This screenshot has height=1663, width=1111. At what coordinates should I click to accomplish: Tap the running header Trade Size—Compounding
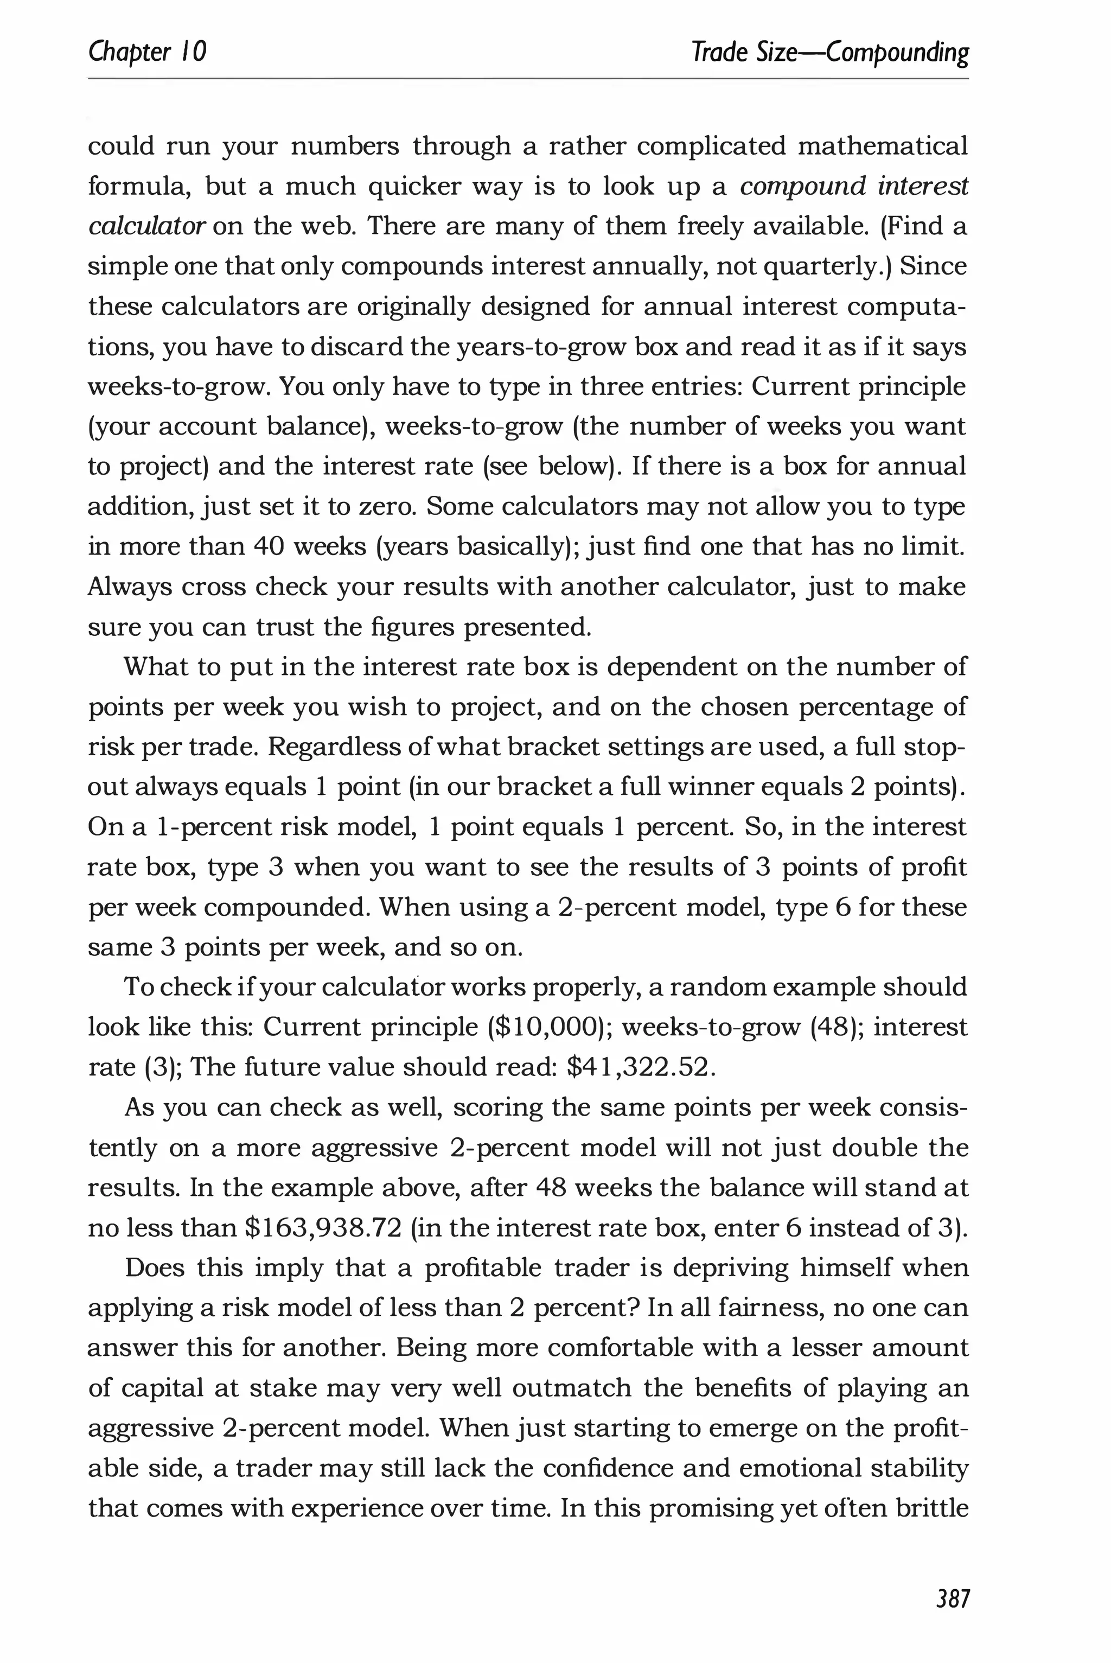click(829, 53)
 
